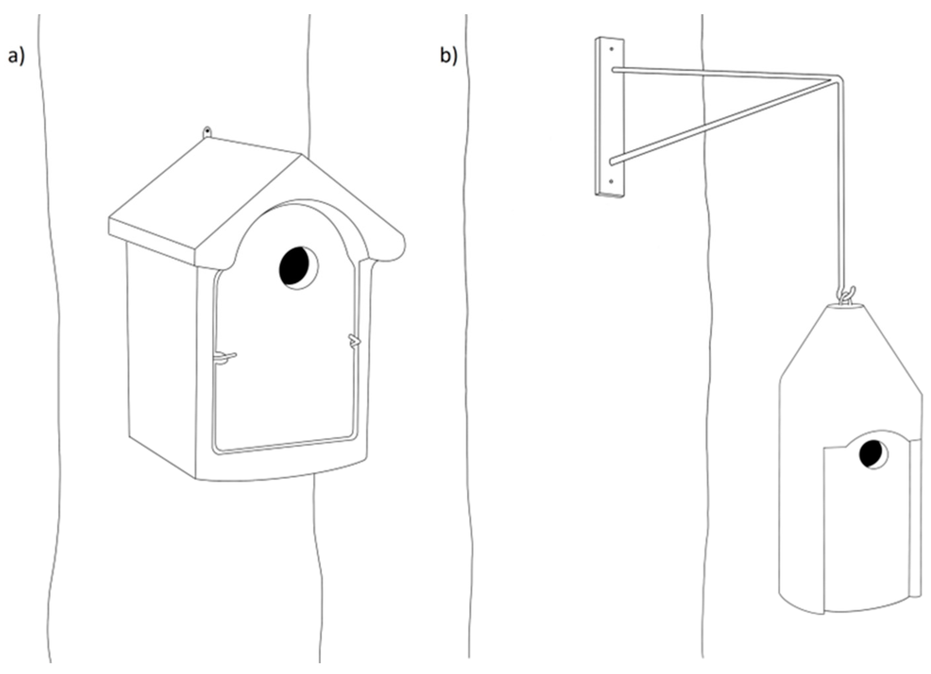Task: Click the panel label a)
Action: pos(16,56)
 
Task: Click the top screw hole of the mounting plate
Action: pos(612,49)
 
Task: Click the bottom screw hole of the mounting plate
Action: pos(611,181)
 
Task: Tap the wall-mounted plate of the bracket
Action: pos(610,116)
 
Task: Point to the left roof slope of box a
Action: pos(205,197)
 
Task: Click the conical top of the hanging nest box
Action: pos(850,349)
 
